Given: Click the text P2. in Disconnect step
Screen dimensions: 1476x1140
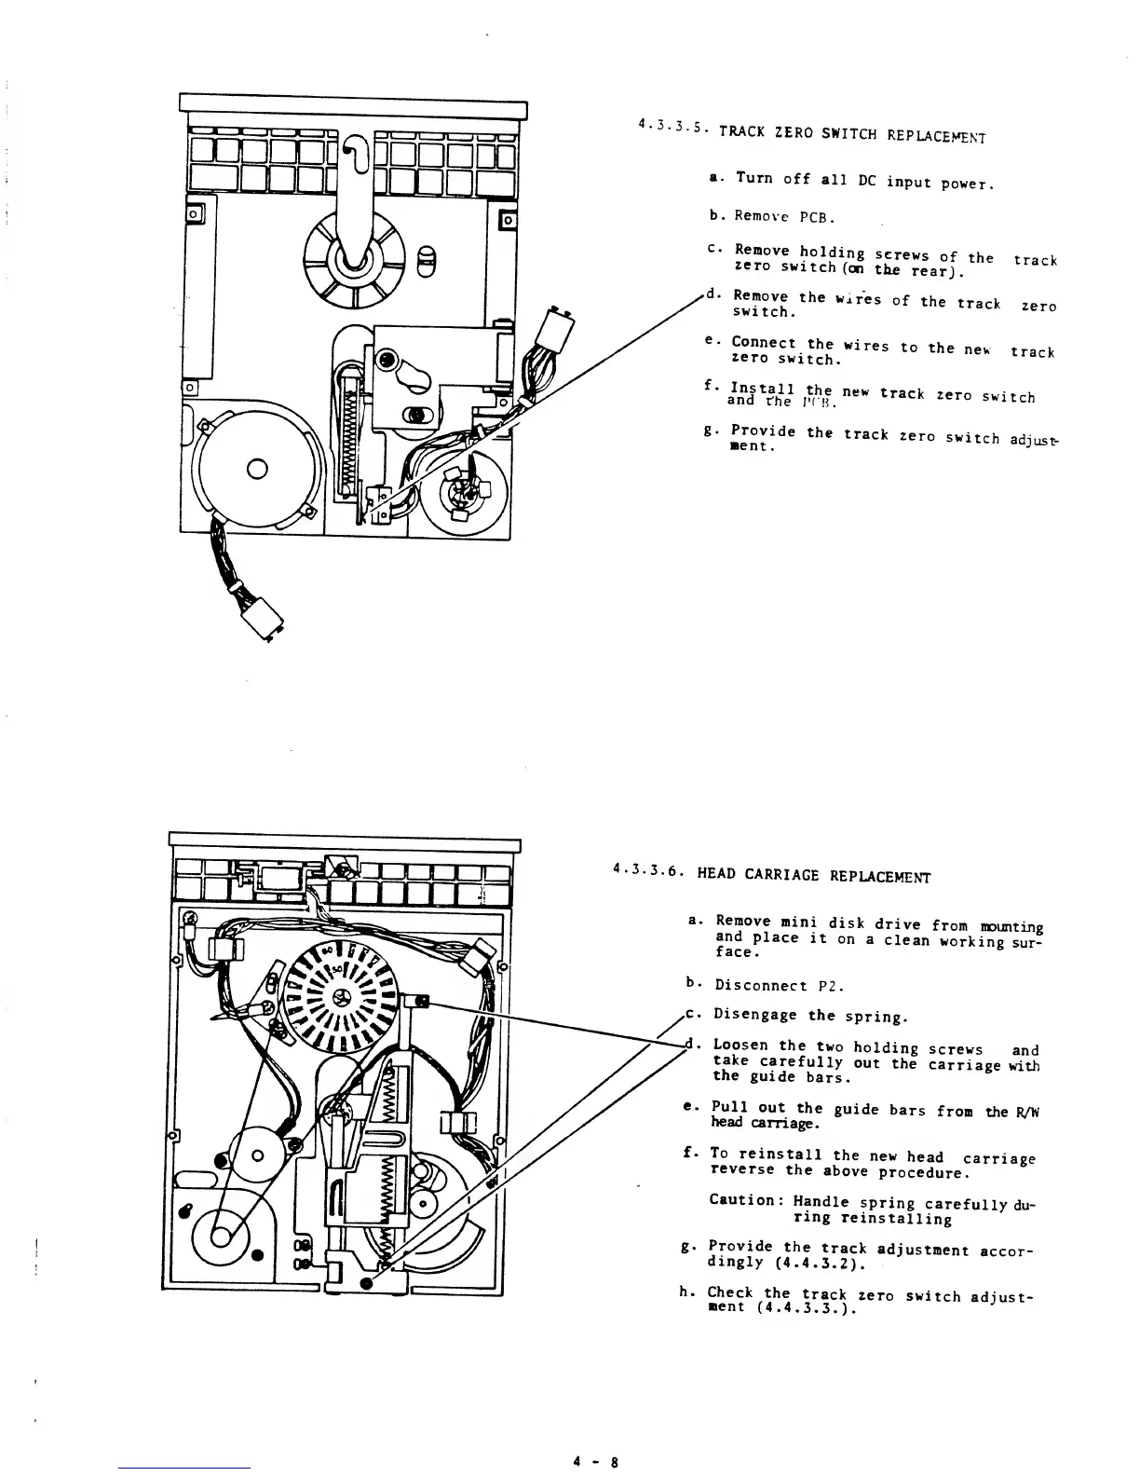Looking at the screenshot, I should pos(825,985).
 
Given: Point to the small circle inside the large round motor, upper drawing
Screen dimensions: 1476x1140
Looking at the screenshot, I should pos(257,467).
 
